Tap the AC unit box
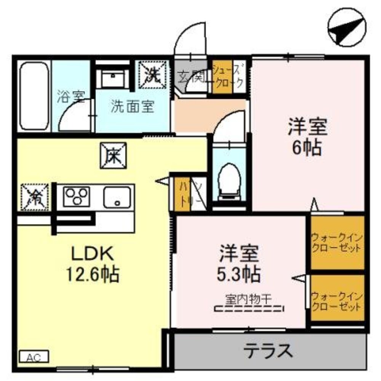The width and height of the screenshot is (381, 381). point(34,357)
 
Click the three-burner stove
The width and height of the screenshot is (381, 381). point(76,197)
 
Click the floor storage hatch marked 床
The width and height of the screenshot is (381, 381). point(114,155)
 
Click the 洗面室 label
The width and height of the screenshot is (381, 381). point(133,107)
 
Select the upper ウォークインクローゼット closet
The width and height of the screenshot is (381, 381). point(336,243)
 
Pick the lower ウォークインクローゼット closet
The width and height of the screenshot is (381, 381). point(336,301)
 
